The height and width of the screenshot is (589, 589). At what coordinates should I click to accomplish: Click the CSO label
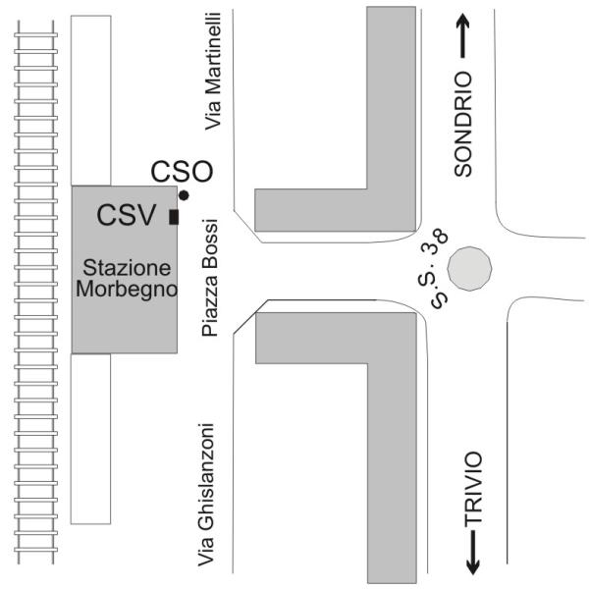tap(182, 171)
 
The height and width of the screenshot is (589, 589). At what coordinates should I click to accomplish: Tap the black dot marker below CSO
tap(184, 195)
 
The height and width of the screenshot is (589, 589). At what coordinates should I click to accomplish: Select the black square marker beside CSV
tap(174, 217)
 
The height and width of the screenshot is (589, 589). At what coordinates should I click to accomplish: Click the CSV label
tap(127, 215)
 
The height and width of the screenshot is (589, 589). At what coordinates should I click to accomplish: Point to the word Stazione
tap(127, 268)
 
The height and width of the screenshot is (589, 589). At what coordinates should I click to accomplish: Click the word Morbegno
tap(127, 290)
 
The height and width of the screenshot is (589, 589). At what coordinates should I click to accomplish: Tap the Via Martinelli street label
tap(213, 72)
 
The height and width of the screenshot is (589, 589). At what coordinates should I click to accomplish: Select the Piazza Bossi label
tap(210, 278)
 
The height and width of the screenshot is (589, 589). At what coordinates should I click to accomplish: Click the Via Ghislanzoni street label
tap(206, 495)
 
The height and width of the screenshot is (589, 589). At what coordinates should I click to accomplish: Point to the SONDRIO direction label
tap(462, 124)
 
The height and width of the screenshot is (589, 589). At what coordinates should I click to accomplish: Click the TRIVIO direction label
tap(473, 488)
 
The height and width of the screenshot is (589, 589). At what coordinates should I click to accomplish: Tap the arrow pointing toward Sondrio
tap(463, 35)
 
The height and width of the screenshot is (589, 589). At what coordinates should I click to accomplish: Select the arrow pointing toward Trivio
tap(473, 552)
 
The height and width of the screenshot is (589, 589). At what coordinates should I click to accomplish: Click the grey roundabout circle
tap(469, 269)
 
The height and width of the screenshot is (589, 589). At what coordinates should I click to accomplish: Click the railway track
tap(36, 293)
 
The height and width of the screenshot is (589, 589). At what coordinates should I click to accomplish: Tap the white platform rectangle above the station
tap(91, 100)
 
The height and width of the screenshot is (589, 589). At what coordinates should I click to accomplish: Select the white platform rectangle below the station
tap(91, 439)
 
